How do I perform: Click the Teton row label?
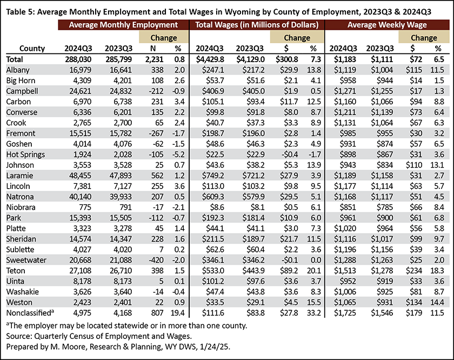[16, 271]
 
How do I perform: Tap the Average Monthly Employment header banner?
[123, 25]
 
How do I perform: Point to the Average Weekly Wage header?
[387, 25]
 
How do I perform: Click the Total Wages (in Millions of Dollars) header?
[257, 25]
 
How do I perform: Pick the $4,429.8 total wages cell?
[210, 59]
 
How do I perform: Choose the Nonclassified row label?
[30, 313]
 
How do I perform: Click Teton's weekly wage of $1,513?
[345, 271]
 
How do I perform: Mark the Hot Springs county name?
[25, 155]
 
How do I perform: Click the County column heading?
[32, 48]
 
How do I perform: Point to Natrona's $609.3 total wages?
[213, 197]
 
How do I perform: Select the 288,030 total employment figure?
[78, 59]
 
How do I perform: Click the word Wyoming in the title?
[243, 12]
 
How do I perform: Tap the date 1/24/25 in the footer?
[215, 346]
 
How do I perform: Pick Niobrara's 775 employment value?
[85, 208]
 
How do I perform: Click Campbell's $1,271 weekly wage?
[345, 91]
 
